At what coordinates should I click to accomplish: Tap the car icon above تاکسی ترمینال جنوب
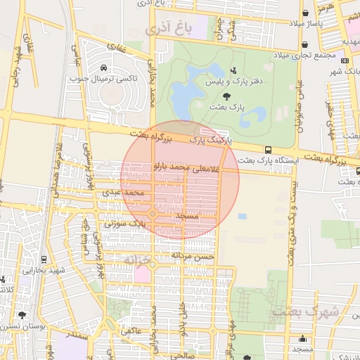tap(104, 68)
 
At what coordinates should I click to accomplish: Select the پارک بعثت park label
tap(226, 107)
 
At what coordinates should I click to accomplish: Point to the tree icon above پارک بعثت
tap(225, 96)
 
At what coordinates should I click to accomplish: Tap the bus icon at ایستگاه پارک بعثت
tap(268, 149)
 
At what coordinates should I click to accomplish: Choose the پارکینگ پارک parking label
tap(208, 141)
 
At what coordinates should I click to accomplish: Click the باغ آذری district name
tap(168, 30)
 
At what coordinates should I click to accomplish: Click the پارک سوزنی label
tap(123, 224)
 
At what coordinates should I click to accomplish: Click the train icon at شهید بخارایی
tap(44, 260)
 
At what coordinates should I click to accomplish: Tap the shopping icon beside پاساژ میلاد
tap(304, 13)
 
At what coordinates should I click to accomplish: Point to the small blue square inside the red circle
tap(243, 217)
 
